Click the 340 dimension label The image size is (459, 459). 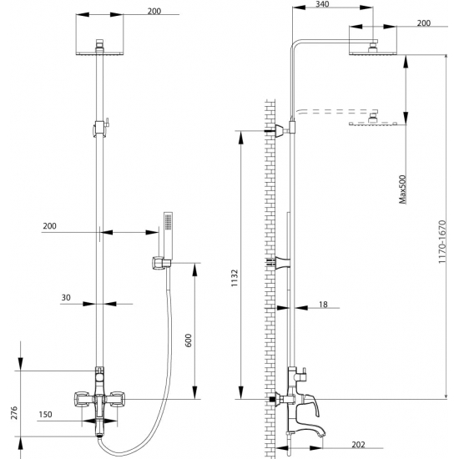pos(322,4)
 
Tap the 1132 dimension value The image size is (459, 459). pos(235,278)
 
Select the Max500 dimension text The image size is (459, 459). pos(403,189)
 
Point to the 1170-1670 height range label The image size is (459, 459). pos(442,242)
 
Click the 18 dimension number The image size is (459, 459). pos(323,305)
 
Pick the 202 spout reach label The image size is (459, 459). pos(358,445)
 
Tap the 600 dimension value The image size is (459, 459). pos(189,340)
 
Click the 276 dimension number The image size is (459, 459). pos(14,413)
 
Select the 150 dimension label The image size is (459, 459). pos(45,415)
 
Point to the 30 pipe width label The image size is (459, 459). pos(66,298)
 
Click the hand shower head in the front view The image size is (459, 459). pos(168,235)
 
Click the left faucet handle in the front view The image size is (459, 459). pos(82,399)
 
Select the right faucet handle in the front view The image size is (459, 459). pos(117,399)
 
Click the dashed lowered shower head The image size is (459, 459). pos(373,120)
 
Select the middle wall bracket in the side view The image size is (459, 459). pos(281,261)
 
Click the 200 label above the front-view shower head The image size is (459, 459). pos(154,11)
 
